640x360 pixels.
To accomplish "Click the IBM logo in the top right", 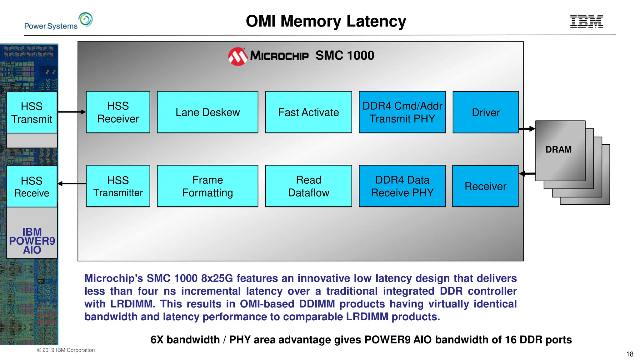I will [586, 21].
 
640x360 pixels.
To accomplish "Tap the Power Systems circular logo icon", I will [86, 19].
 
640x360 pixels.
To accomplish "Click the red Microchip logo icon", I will [237, 57].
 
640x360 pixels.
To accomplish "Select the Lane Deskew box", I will [207, 112].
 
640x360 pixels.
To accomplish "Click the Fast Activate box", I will [308, 112].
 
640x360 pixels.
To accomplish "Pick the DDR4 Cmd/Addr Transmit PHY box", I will [402, 112].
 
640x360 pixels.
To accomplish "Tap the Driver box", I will [486, 112].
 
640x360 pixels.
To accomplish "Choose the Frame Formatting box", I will [207, 186].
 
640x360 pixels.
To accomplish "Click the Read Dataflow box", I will [308, 186].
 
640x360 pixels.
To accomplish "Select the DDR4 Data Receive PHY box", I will [402, 186].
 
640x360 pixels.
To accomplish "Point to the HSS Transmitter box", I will [118, 186].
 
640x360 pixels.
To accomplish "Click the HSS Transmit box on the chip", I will [32, 112].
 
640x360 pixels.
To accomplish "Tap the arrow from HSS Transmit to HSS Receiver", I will [72, 112].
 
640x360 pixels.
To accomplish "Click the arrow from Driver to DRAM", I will [527, 129].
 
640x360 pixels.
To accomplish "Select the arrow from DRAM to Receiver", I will [527, 173].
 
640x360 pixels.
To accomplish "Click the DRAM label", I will [558, 150].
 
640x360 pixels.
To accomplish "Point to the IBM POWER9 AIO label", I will [32, 241].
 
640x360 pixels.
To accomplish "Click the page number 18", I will [630, 354].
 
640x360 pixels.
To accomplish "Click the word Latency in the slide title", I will [376, 21].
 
